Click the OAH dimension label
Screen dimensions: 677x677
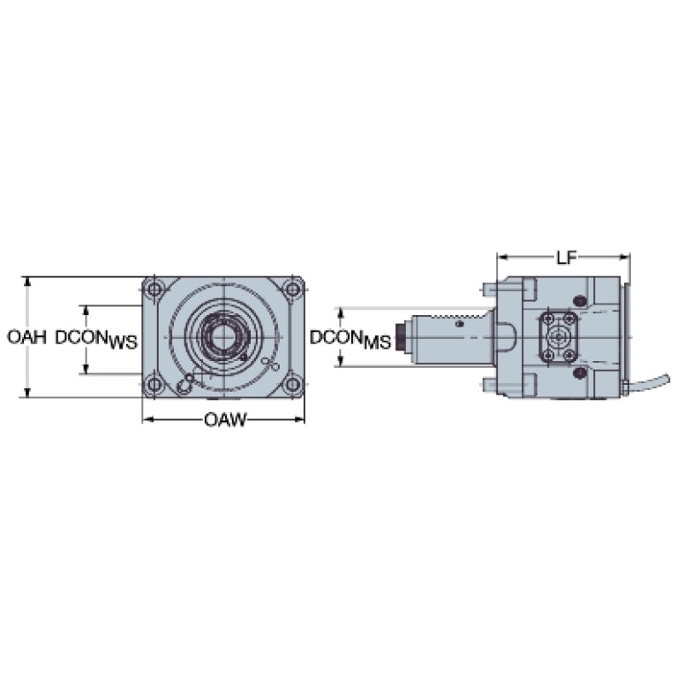pyautogui.click(x=26, y=337)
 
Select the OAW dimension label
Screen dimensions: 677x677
pyautogui.click(x=225, y=419)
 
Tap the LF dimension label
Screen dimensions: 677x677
pyautogui.click(x=566, y=258)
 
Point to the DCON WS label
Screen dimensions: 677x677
pyautogui.click(x=96, y=339)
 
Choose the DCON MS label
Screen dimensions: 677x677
pyautogui.click(x=350, y=339)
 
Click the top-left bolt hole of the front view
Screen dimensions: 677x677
pyautogui.click(x=154, y=289)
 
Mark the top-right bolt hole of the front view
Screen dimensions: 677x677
pyautogui.click(x=293, y=289)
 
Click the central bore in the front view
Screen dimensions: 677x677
pyautogui.click(x=223, y=336)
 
